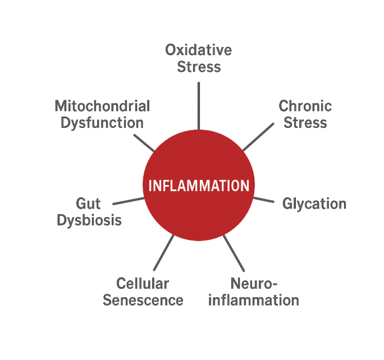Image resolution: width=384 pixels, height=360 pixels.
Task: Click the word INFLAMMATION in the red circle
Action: tap(198, 186)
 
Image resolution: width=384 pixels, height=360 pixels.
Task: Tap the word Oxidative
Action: tap(198, 50)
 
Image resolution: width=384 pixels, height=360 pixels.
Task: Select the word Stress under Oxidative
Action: tap(199, 67)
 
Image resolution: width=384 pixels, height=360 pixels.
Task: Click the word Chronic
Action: tap(305, 105)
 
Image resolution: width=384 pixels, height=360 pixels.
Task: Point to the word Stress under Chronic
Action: tap(305, 122)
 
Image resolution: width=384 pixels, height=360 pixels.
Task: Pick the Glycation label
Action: tap(314, 204)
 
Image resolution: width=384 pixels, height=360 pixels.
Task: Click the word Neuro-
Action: tap(255, 283)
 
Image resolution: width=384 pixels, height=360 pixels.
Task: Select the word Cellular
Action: tap(143, 283)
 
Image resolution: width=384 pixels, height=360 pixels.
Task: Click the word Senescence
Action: tap(143, 300)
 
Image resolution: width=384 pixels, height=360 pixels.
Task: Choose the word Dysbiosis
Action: tap(89, 220)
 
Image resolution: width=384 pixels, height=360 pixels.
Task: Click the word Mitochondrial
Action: tap(102, 105)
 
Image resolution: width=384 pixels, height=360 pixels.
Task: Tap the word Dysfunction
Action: tap(102, 122)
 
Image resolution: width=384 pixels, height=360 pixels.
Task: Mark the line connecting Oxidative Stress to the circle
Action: tap(198, 107)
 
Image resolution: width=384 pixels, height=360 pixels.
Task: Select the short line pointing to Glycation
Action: tap(263, 199)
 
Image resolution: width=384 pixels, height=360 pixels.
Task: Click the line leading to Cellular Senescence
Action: tap(164, 252)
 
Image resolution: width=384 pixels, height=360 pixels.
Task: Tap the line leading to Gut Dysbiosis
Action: tap(129, 200)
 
